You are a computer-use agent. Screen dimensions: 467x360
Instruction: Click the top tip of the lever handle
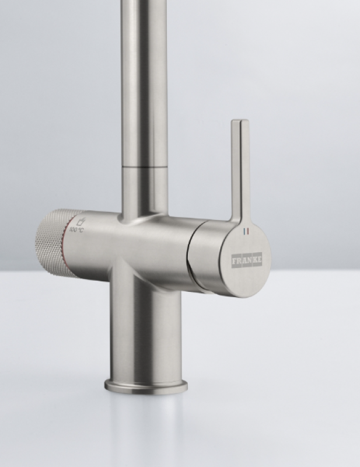(x=240, y=124)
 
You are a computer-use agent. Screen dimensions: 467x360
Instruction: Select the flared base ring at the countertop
(x=146, y=385)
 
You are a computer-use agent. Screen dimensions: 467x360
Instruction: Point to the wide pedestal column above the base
(x=146, y=333)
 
